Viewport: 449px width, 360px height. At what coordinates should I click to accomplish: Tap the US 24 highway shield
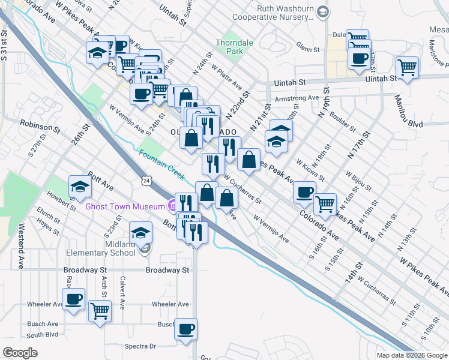[x=147, y=180]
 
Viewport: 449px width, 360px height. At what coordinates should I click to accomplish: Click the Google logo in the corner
[x=20, y=353]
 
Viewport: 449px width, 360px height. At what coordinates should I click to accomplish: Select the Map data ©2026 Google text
[x=412, y=355]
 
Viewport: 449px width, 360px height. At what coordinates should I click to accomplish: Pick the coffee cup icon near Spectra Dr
[x=186, y=329]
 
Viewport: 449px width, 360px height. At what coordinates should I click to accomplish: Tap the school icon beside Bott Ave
[x=79, y=185]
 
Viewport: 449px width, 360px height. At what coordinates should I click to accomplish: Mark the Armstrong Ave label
[x=297, y=98]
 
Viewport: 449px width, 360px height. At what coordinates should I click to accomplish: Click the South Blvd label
[x=42, y=335]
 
